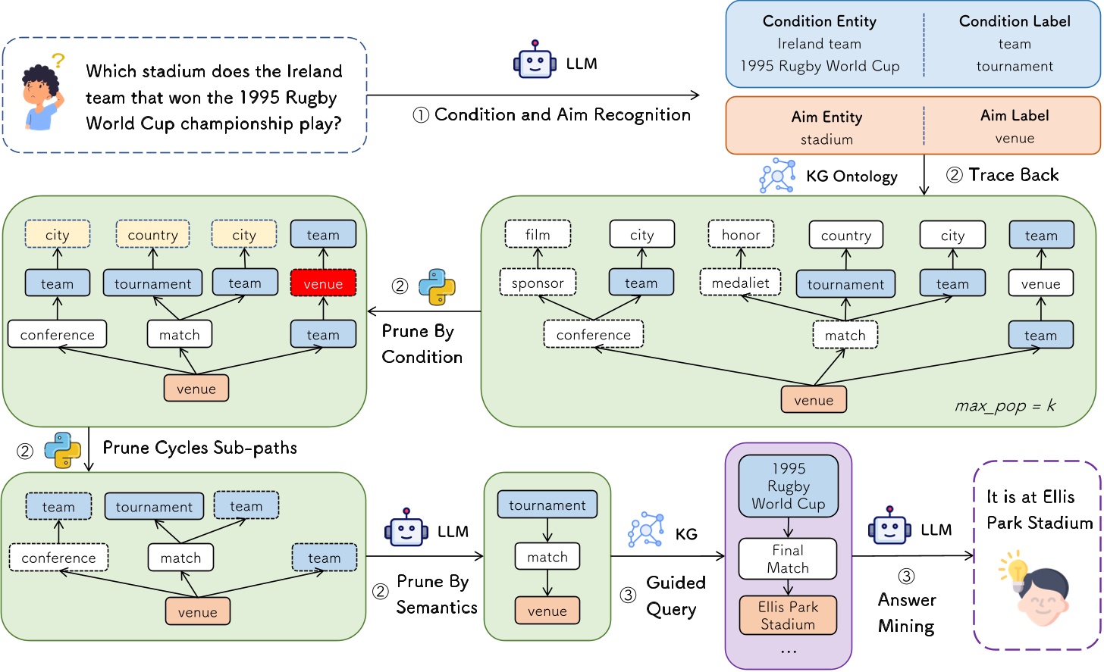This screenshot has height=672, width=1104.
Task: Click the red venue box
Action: coord(323,283)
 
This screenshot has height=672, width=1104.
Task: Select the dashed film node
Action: coord(538,234)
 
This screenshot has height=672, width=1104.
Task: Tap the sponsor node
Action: coord(538,283)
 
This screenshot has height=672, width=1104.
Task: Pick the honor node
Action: coord(740,234)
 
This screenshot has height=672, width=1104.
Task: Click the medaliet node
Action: coord(740,283)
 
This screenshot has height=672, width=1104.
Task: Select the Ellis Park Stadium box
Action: coord(788,615)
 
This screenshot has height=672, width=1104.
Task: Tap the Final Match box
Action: coord(788,559)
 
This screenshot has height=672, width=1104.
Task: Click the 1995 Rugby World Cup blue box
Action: coord(788,486)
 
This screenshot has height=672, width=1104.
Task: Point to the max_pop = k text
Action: coord(1005,406)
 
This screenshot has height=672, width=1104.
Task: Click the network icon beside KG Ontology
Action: coord(777,175)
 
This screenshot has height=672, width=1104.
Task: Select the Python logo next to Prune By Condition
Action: coord(437,286)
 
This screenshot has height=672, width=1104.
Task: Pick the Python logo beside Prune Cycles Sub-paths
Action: coord(62,450)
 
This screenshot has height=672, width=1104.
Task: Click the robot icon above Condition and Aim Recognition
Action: coord(535,61)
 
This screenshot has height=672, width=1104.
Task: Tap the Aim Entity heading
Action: coord(826,117)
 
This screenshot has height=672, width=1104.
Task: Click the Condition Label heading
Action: coord(1015,21)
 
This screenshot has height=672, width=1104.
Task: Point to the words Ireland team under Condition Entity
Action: coord(819,44)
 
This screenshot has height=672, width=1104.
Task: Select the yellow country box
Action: coord(152,235)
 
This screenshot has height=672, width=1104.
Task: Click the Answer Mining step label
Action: coord(906,612)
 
